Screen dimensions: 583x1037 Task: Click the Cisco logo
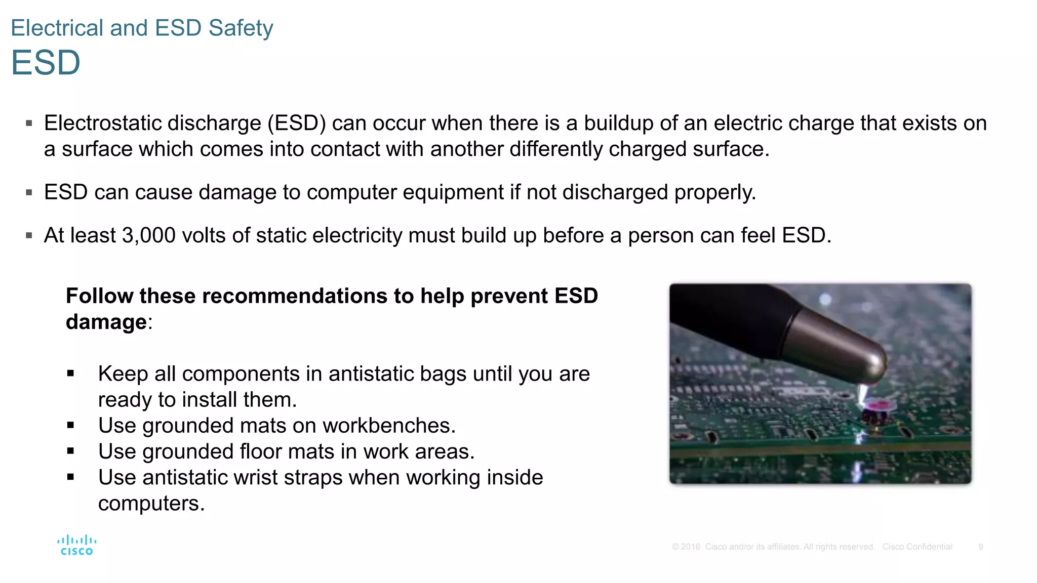tap(76, 546)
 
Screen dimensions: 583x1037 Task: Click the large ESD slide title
tap(46, 63)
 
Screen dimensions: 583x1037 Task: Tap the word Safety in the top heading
tap(241, 28)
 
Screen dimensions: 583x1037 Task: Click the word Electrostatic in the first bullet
tap(102, 123)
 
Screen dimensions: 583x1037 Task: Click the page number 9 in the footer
tap(981, 547)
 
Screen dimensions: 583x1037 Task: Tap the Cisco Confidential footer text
tap(917, 547)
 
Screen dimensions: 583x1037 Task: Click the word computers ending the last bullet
tap(151, 504)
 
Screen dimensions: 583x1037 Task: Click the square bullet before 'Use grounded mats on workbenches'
tap(70, 426)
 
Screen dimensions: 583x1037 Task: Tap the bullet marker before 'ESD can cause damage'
tap(29, 193)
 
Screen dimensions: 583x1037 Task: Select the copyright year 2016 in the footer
tap(690, 547)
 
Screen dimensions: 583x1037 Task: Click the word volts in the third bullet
tap(204, 235)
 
